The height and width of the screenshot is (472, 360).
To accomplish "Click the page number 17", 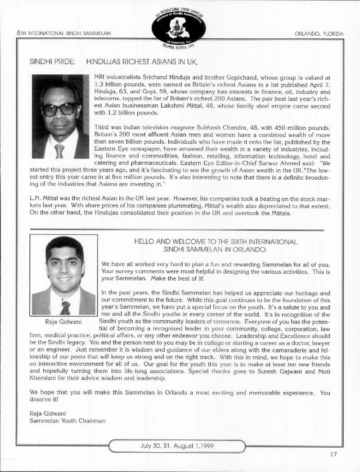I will coord(333,454).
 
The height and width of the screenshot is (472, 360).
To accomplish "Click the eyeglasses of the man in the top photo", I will coord(59,109).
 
